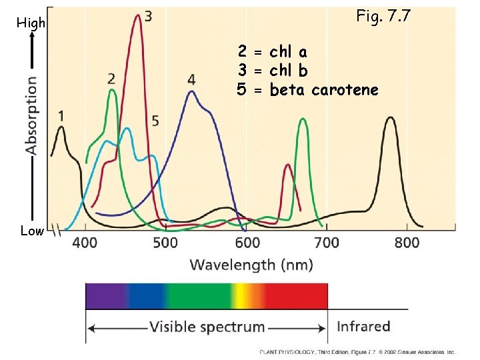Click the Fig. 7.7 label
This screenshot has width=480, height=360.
[384, 15]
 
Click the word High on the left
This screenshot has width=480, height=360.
[31, 23]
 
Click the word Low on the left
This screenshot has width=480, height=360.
[31, 231]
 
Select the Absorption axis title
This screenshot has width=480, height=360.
[31, 115]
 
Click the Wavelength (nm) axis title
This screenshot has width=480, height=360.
[251, 265]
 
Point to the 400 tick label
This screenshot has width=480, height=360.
[85, 243]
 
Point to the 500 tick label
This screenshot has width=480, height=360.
[165, 243]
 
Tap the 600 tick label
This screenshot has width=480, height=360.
[247, 243]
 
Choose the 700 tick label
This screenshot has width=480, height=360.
[327, 243]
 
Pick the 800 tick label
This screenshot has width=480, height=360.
[407, 243]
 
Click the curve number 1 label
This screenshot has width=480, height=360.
[61, 115]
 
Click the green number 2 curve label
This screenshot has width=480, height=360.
[111, 79]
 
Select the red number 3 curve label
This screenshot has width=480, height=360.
[147, 15]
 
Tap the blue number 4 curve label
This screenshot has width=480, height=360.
[191, 80]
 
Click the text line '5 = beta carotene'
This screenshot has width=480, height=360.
[307, 89]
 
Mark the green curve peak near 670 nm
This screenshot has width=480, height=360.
[303, 120]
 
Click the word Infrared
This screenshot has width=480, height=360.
[363, 327]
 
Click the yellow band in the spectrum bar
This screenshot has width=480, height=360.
[242, 295]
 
